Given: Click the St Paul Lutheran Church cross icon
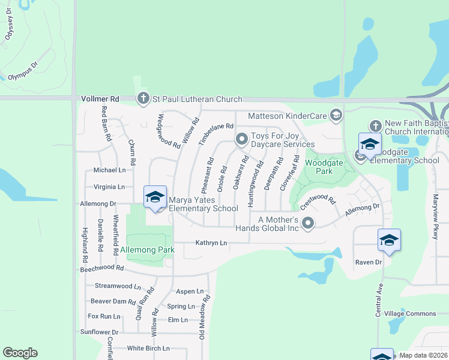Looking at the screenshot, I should point(143,99).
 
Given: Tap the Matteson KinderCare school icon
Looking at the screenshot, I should point(336,115).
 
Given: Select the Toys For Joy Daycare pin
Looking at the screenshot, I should point(241,139).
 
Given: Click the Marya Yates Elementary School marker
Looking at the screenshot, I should point(155,197).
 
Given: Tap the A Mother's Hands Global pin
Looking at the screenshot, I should point(308,223).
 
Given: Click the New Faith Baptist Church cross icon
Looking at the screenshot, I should point(375,126).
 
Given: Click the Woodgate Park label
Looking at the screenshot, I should point(319,167).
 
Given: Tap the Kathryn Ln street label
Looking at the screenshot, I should point(212,243).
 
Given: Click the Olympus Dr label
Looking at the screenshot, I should point(23,70).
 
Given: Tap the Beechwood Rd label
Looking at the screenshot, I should point(102,268).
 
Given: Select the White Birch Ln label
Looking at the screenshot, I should point(148,348).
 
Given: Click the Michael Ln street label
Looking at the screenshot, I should point(109,170).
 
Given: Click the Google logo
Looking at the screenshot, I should point(20,353).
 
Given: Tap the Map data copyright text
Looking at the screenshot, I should point(423,355).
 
